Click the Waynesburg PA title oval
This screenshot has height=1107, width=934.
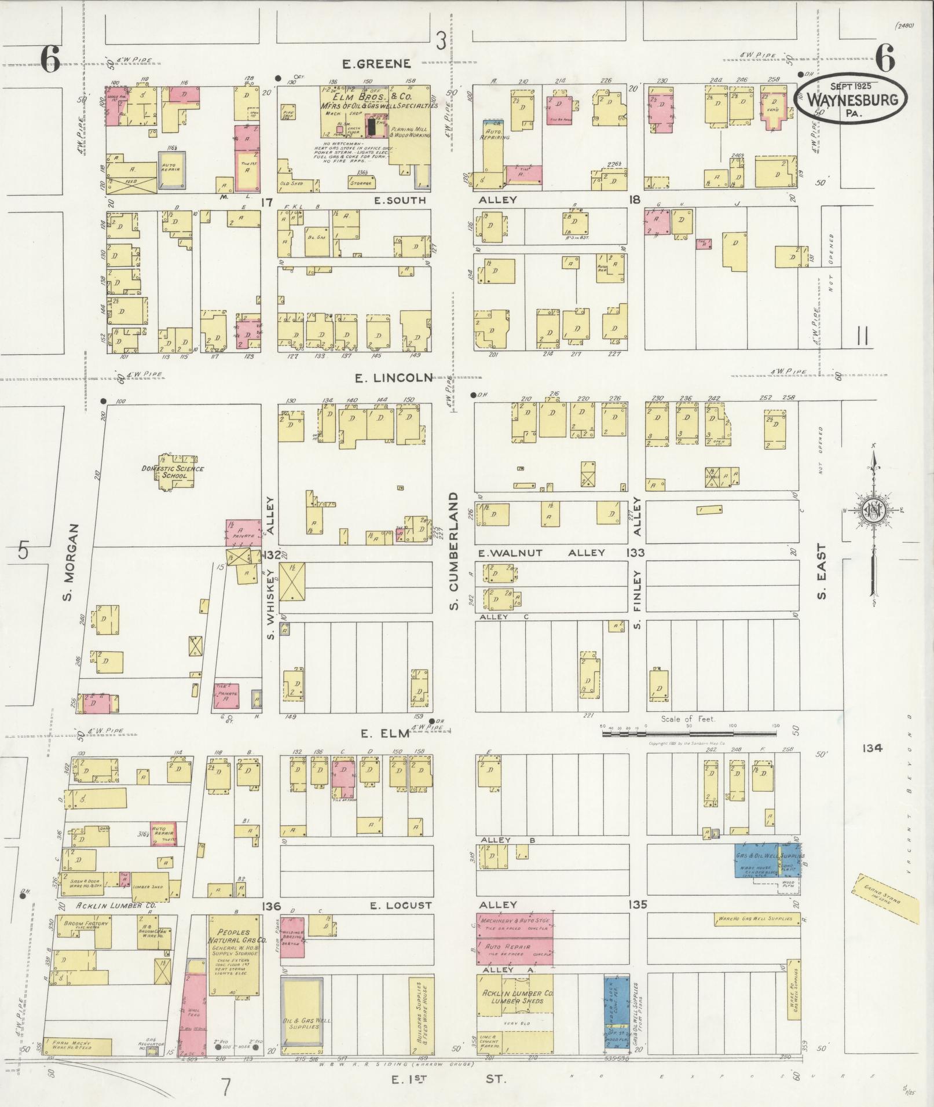(849, 98)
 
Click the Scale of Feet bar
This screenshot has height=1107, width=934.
(689, 733)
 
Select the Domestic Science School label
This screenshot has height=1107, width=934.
(173, 472)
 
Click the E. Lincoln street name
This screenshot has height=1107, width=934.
(393, 378)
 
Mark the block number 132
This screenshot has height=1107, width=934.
(270, 555)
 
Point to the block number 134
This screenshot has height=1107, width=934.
(871, 748)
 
